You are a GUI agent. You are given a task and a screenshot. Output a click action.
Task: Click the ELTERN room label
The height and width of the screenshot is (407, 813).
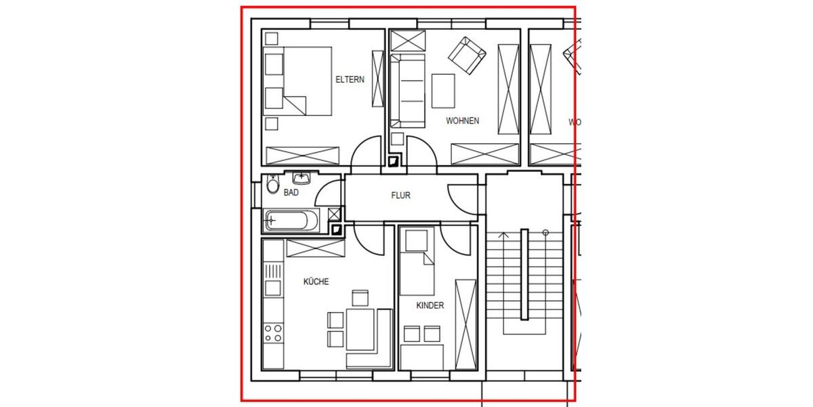pyautogui.click(x=350, y=79)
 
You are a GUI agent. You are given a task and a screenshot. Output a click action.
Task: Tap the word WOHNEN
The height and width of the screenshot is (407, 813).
pyautogui.click(x=462, y=121)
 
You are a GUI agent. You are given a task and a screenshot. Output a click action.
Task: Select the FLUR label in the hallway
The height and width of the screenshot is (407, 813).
pyautogui.click(x=400, y=195)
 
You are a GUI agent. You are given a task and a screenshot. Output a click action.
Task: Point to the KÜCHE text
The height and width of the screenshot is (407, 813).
pyautogui.click(x=316, y=282)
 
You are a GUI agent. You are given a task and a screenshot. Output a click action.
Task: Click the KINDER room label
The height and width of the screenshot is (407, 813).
pyautogui.click(x=430, y=306)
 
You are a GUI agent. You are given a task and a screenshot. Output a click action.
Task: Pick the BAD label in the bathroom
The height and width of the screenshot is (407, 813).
pyautogui.click(x=291, y=193)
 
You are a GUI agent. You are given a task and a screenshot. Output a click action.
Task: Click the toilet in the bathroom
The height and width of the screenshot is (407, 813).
pyautogui.click(x=272, y=185)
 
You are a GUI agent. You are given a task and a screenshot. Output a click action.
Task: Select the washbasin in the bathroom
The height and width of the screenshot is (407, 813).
pyautogui.click(x=301, y=178)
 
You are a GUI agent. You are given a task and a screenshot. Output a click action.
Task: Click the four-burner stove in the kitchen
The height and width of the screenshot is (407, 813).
pyautogui.click(x=273, y=332)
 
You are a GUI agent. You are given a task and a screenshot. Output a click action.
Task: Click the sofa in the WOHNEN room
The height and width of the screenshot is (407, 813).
pyautogui.click(x=408, y=90)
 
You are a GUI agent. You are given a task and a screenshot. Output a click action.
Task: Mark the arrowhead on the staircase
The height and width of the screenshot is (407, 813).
pyautogui.click(x=503, y=235)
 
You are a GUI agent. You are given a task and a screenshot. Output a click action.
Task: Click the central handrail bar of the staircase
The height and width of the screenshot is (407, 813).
pyautogui.click(x=524, y=274)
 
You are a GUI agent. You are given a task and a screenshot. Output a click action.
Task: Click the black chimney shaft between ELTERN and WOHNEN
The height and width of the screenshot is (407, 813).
pyautogui.click(x=393, y=162)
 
